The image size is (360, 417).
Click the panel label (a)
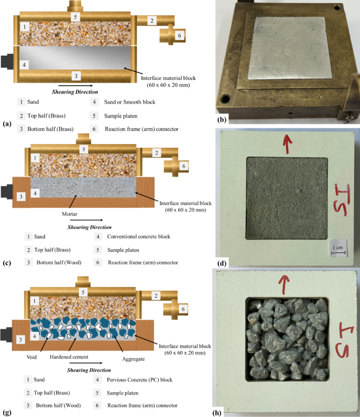click(6, 124)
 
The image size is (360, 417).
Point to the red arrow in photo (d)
click(286, 144)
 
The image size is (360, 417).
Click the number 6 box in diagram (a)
click(180, 35)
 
